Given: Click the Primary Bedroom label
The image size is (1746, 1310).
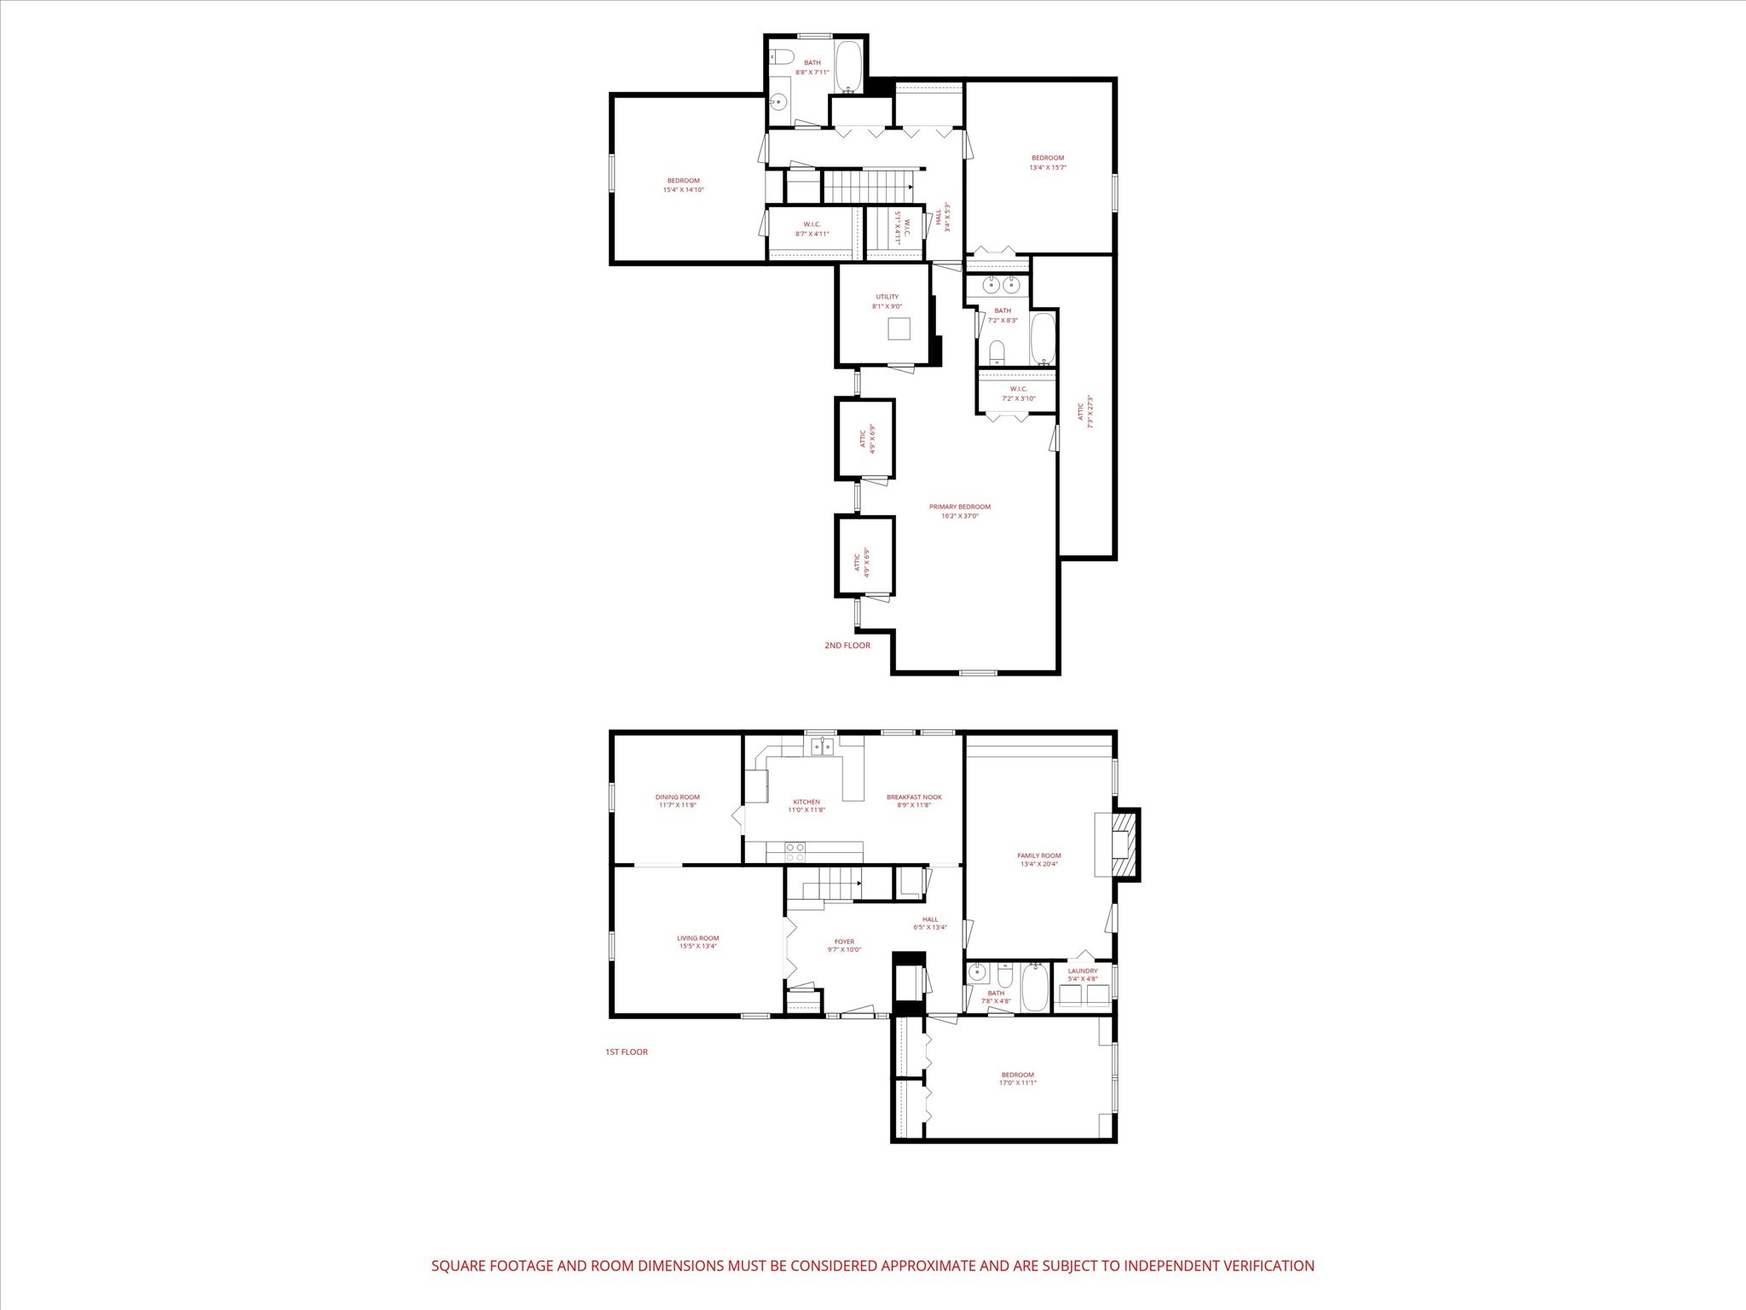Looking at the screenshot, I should [959, 507].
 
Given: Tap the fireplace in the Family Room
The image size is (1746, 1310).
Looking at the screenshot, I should [1125, 843].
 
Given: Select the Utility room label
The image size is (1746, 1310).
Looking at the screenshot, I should [887, 297].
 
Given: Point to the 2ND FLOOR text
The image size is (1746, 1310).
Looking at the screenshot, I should [847, 646].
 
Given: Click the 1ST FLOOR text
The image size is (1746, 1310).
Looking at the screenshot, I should [627, 1052].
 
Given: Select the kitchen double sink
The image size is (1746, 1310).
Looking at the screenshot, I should [822, 747].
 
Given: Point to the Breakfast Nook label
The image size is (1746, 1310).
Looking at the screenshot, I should [914, 797].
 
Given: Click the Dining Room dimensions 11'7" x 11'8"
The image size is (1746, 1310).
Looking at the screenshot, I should [678, 805].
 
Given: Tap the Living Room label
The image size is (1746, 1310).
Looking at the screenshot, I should [698, 938].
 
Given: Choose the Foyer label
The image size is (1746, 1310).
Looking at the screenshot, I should [844, 942].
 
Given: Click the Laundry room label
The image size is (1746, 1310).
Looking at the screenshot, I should [1083, 971].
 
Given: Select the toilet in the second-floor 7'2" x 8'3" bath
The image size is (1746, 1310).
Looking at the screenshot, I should [997, 351].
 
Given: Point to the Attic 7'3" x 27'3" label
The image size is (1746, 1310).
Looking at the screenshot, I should [1081, 412].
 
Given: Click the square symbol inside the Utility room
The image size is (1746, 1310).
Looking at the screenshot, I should [899, 328].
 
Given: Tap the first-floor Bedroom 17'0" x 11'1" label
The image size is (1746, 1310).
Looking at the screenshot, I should [1017, 1075].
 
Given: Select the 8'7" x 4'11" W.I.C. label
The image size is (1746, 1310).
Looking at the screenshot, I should [812, 224].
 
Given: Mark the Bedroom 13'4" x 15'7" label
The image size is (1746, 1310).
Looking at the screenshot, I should [1048, 158].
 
